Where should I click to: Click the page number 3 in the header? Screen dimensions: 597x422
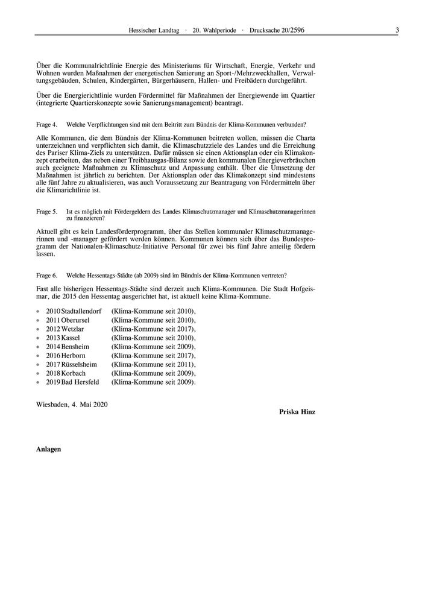(x=397, y=29)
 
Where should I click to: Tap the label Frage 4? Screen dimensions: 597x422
(x=46, y=125)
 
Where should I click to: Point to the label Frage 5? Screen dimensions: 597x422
(x=46, y=212)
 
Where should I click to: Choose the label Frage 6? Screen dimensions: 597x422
(x=46, y=275)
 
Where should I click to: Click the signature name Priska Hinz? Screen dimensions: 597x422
(x=297, y=412)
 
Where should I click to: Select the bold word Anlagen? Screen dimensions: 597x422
(x=49, y=449)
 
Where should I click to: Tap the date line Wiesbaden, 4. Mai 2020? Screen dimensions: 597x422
(x=72, y=403)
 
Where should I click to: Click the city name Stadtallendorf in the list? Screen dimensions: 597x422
(x=81, y=311)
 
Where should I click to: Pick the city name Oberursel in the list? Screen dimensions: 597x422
(x=77, y=320)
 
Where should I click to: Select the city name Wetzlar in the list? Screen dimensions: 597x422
(x=73, y=329)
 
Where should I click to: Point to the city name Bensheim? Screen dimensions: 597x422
(x=77, y=347)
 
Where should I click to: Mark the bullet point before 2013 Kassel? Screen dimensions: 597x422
(x=39, y=338)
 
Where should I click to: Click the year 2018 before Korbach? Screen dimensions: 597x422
(x=53, y=374)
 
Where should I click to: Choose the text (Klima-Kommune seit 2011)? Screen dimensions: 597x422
(x=154, y=365)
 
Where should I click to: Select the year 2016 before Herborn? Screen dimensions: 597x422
(x=53, y=356)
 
